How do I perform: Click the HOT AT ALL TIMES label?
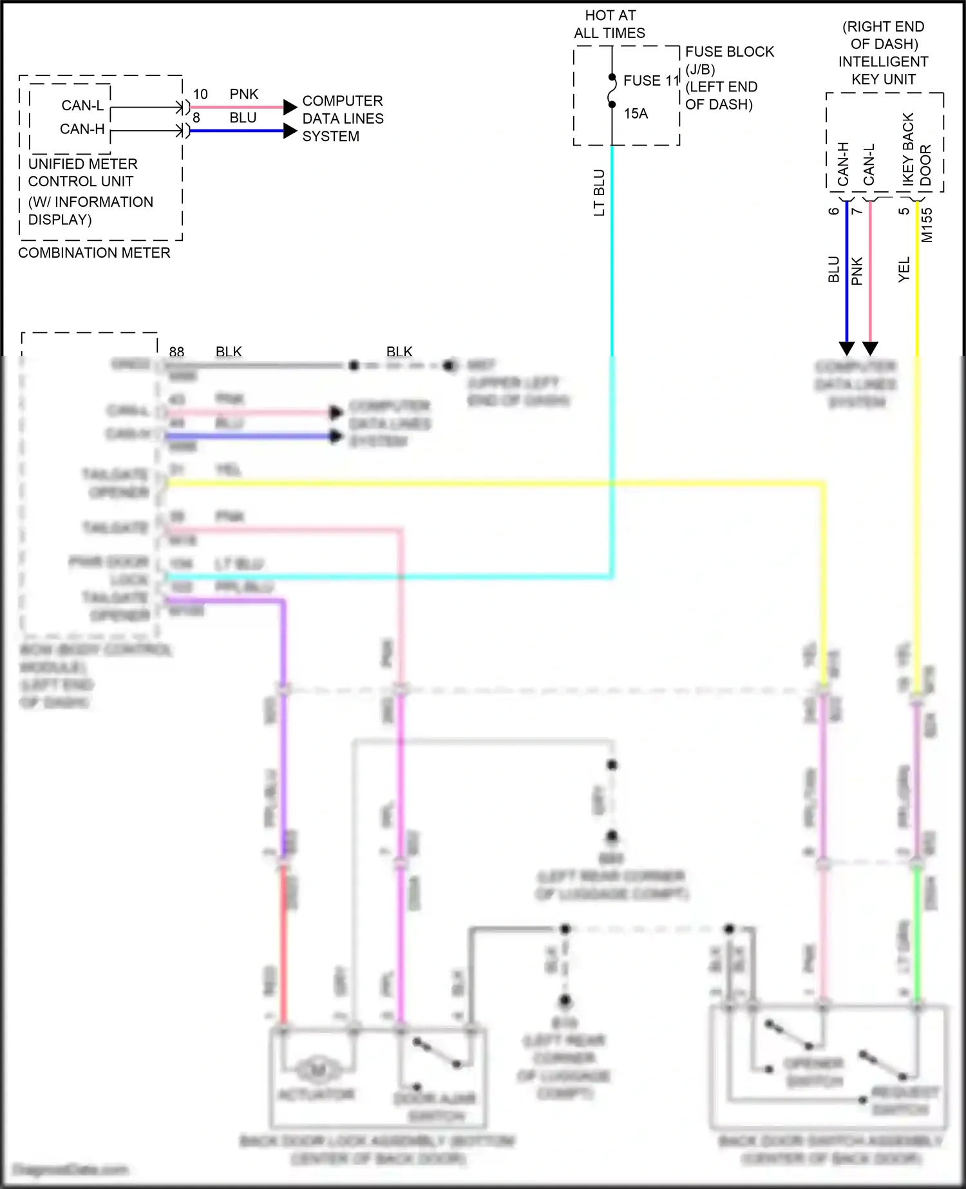610,24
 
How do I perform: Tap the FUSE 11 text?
651,81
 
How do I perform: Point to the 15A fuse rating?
636,113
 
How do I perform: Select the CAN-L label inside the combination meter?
82,106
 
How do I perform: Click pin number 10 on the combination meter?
200,94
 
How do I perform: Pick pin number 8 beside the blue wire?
196,118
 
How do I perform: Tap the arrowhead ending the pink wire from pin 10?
290,107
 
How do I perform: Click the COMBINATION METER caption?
94,253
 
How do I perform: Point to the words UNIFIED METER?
82,164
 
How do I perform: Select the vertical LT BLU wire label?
599,193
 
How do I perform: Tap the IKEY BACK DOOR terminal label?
916,149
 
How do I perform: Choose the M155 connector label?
927,225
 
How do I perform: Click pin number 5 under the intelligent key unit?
905,211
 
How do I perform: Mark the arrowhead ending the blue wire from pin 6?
847,348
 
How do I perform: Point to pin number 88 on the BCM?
176,352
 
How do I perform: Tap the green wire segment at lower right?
917,934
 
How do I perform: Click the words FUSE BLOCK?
729,52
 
